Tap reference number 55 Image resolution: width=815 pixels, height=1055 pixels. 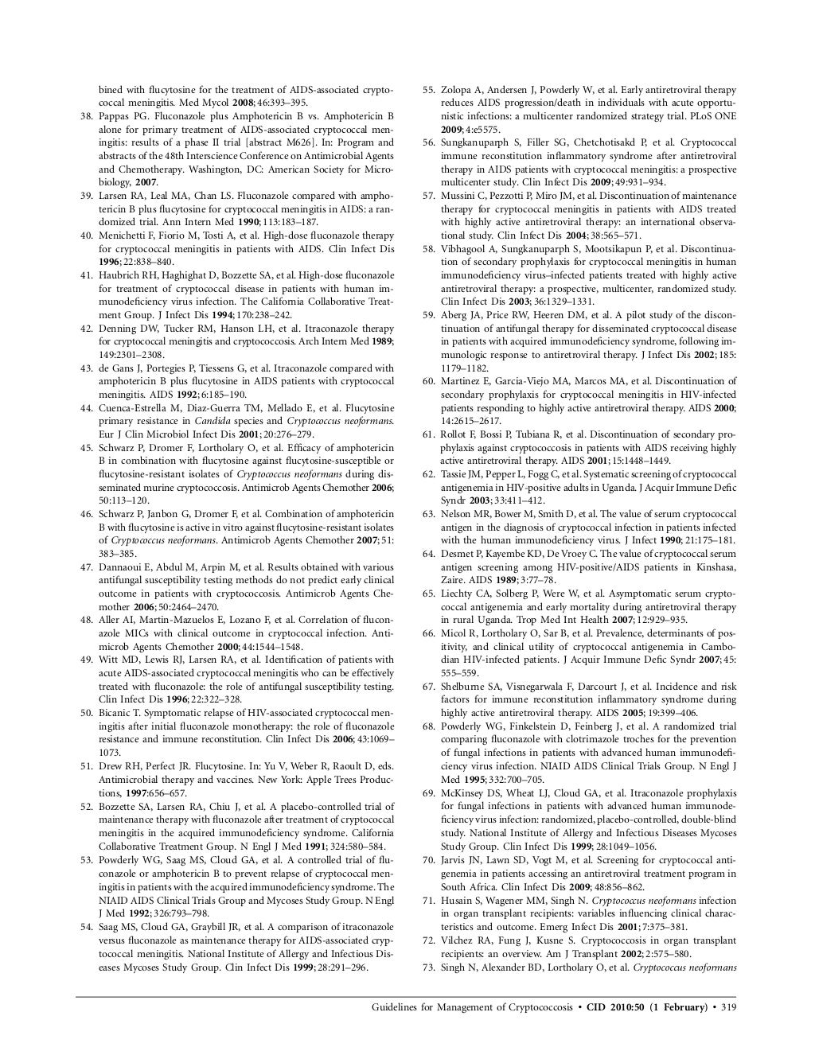428,90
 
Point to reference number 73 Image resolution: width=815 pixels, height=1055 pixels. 428,967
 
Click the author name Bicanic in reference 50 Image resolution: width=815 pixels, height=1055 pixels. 116,713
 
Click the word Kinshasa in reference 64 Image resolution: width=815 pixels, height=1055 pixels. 713,566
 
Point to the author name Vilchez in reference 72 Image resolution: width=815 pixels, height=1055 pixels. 458,940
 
